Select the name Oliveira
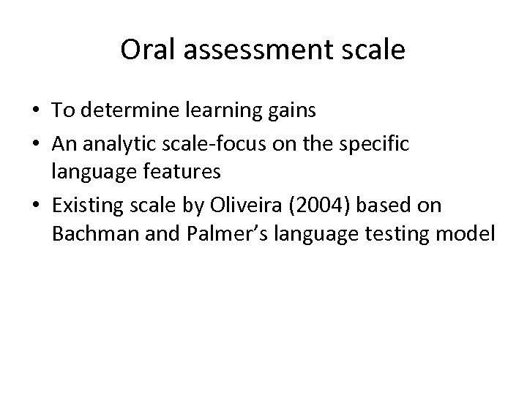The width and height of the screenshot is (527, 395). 238,206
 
